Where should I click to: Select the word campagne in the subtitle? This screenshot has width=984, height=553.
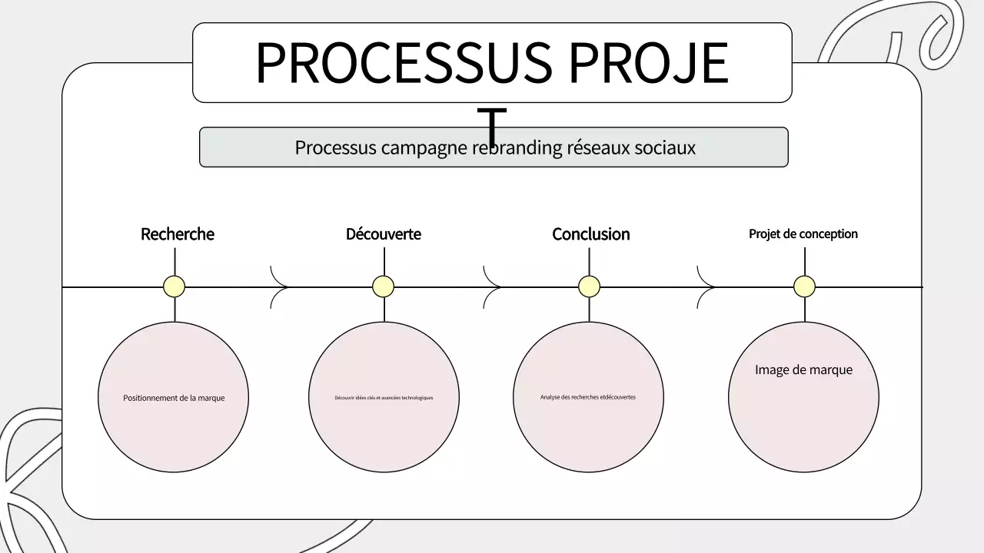point(424,147)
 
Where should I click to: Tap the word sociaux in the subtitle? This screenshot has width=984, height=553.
point(665,147)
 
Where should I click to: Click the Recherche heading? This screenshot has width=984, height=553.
point(178,234)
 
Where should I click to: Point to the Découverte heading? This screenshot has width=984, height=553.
point(384,234)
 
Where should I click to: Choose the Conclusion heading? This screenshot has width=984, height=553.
point(590,234)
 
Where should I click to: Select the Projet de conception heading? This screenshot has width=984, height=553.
point(803,234)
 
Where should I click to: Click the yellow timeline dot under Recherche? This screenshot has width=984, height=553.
point(175,286)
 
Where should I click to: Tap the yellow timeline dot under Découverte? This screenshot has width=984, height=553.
point(384,286)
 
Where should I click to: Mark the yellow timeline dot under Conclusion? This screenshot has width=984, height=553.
point(590,286)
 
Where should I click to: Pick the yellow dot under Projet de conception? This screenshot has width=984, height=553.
point(805,286)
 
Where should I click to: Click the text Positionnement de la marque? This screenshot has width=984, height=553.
point(174,398)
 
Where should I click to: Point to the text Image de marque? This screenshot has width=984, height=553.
point(803,370)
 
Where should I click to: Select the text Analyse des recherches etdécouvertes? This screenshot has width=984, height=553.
point(588,397)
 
